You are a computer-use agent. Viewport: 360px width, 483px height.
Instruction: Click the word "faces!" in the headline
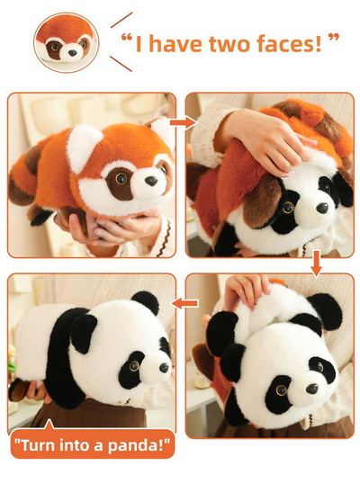pyautogui.click(x=289, y=44)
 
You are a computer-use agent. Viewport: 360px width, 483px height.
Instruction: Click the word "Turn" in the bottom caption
pyautogui.click(x=36, y=445)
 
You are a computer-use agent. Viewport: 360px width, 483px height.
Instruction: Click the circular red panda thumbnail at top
pyautogui.click(x=66, y=43)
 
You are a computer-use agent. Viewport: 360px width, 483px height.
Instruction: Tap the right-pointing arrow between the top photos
pyautogui.click(x=183, y=122)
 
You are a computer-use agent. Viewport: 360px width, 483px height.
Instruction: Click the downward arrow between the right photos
pyautogui.click(x=317, y=263)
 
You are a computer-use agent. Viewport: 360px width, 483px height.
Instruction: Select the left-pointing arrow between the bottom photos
pyautogui.click(x=184, y=303)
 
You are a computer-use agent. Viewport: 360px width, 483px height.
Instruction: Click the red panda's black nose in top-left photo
pyautogui.click(x=151, y=181)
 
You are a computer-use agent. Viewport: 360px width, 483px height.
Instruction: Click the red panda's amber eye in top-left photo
pyautogui.click(x=121, y=178)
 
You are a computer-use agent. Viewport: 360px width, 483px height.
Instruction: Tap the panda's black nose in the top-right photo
pyautogui.click(x=322, y=208)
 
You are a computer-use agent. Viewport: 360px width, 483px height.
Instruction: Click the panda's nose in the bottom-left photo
pyautogui.click(x=164, y=368)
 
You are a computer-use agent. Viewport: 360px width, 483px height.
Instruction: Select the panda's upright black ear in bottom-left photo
pyautogui.click(x=146, y=302)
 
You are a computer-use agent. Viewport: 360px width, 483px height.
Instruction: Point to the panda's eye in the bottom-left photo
pyautogui.click(x=134, y=366)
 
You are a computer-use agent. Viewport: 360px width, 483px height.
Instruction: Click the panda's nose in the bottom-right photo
pyautogui.click(x=312, y=389)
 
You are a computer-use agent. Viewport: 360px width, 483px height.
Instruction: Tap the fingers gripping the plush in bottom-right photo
pyautogui.click(x=246, y=291)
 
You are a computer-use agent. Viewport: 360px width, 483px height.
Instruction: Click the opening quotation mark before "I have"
pyautogui.click(x=127, y=38)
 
